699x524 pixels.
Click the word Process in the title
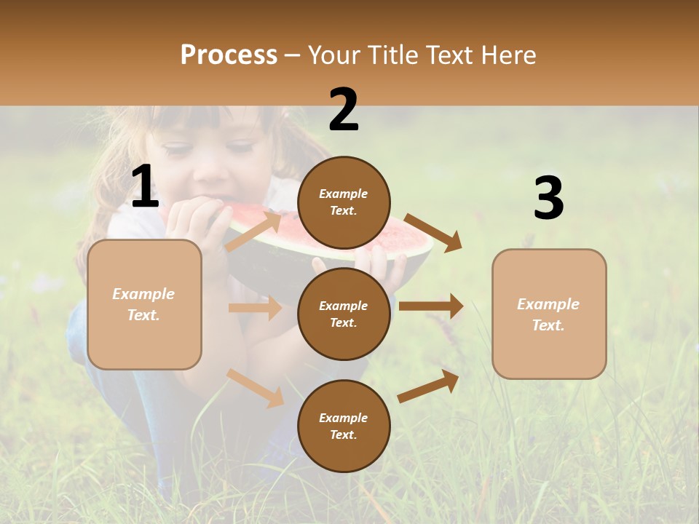pyautogui.click(x=229, y=55)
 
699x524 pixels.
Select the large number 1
pyautogui.click(x=145, y=187)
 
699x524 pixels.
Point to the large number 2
pyautogui.click(x=344, y=110)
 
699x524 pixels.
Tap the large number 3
pyautogui.click(x=548, y=199)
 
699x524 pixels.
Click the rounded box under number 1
pyautogui.click(x=144, y=304)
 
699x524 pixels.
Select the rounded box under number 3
pyautogui.click(x=549, y=314)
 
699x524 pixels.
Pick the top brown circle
pyautogui.click(x=344, y=202)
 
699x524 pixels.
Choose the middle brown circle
pyautogui.click(x=344, y=314)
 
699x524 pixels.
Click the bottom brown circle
pyautogui.click(x=344, y=426)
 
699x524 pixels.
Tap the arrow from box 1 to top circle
pyautogui.click(x=254, y=230)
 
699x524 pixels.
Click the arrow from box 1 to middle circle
pyautogui.click(x=255, y=308)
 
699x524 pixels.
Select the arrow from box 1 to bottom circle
pyautogui.click(x=256, y=387)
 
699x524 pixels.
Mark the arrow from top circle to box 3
pyautogui.click(x=433, y=232)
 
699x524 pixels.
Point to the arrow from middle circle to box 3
pyautogui.click(x=431, y=306)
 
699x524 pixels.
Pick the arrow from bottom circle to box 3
pyautogui.click(x=429, y=386)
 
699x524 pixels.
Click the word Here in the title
pyautogui.click(x=507, y=55)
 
